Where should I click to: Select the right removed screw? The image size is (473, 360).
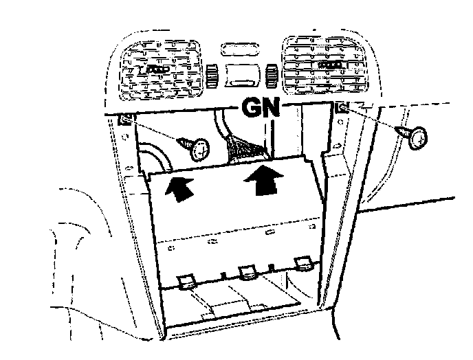pos(417,137)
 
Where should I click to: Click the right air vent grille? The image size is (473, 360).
pos(327,66)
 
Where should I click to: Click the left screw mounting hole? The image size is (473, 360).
pos(126,121)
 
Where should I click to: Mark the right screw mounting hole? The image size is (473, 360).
pos(342,108)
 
